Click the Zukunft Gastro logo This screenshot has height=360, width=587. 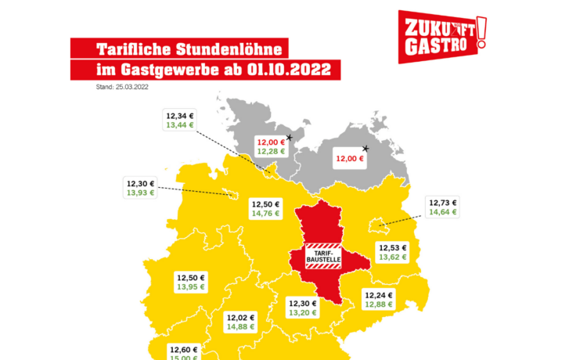[441, 35]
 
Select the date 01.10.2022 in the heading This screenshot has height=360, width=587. [292, 70]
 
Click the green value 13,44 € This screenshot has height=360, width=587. [180, 124]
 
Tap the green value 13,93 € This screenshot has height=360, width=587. [141, 193]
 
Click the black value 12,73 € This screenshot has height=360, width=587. [442, 202]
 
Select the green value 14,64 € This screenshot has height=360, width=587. [442, 211]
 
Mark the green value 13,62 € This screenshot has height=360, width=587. [394, 257]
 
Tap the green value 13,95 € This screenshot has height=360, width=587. [191, 287]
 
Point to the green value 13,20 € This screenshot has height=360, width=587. [303, 312]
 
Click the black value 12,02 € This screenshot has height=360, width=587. [240, 317]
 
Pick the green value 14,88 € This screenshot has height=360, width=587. [240, 326]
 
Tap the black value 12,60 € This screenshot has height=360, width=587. [184, 350]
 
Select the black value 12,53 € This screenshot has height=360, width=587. [394, 247]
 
